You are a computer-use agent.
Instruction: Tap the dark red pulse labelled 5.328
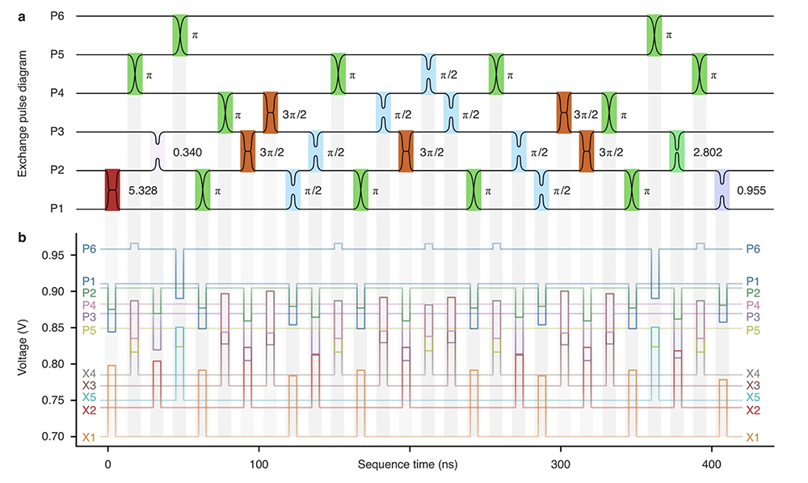click(x=112, y=190)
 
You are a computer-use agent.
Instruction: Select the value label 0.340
click(x=187, y=151)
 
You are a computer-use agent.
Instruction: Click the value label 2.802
click(x=707, y=151)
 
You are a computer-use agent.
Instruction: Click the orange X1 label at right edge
click(x=753, y=437)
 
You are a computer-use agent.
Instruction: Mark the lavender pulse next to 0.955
click(x=722, y=190)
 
